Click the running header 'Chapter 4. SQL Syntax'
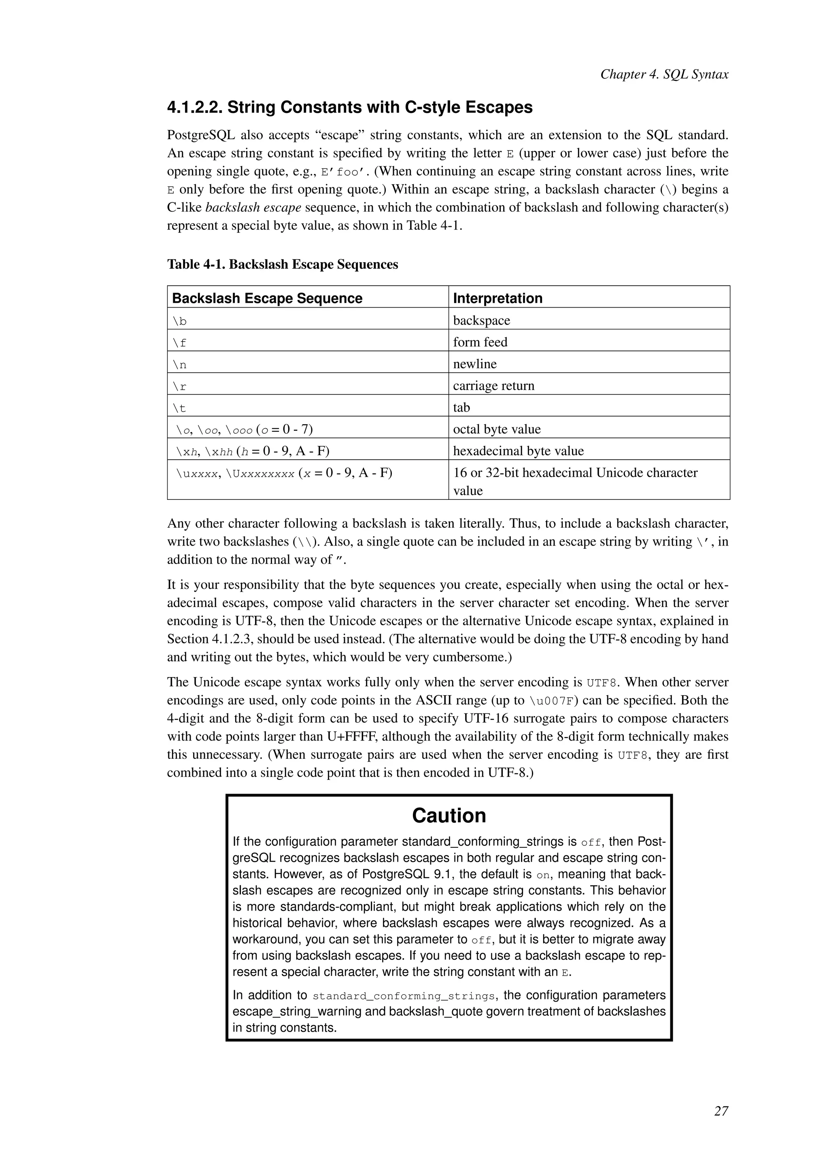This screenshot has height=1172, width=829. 664,74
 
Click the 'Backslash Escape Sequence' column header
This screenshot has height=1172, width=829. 267,298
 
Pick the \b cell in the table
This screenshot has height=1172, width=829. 180,321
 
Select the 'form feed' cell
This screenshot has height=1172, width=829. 480,342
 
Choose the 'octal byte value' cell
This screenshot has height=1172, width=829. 496,429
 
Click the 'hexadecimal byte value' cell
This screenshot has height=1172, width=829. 518,451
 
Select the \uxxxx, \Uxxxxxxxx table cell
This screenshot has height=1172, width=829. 284,473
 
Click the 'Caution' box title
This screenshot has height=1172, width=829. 449,816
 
